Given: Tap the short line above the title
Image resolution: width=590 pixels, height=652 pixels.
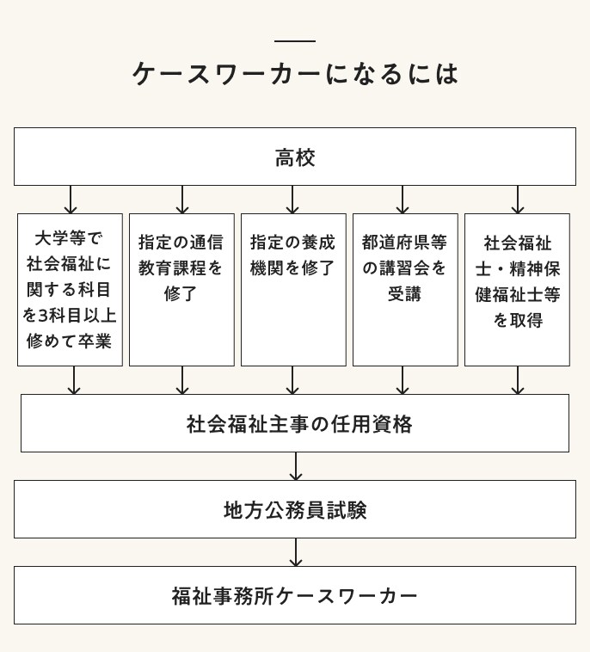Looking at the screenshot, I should click(x=295, y=41).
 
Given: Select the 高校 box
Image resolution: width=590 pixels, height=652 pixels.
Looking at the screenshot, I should click(x=295, y=157).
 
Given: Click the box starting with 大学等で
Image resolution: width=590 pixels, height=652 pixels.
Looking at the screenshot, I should click(x=70, y=289).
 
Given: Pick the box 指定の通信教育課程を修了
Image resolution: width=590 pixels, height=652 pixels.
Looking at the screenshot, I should click(x=181, y=289).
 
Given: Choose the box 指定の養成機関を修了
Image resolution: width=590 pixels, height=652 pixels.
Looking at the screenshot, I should click(x=293, y=289).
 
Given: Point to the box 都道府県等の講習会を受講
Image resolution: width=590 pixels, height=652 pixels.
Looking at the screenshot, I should click(x=405, y=289).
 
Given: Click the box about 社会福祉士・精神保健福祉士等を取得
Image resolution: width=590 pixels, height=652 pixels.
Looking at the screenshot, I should click(x=517, y=289).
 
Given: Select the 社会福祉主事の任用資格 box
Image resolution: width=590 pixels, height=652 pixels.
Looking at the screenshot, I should click(x=295, y=423).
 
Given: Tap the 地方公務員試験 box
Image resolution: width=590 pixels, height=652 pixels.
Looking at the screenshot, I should click(x=295, y=509).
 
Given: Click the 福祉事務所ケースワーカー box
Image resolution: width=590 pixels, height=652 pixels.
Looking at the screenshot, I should click(x=295, y=595).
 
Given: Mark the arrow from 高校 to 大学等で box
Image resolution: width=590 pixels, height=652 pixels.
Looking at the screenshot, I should click(x=71, y=200).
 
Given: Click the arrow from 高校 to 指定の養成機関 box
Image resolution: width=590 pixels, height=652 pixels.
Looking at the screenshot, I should click(x=292, y=200).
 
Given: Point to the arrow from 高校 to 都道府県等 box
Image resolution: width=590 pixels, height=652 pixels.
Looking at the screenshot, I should click(x=403, y=200).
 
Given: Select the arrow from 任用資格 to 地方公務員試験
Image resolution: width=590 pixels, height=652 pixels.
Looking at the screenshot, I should click(x=296, y=466).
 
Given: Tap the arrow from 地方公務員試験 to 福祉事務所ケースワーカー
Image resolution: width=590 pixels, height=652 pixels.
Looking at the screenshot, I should click(x=296, y=552).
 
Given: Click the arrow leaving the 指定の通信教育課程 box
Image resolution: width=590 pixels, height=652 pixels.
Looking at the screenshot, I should click(x=182, y=380).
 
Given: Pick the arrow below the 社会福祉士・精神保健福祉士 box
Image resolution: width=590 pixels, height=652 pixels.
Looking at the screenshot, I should click(x=518, y=380).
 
